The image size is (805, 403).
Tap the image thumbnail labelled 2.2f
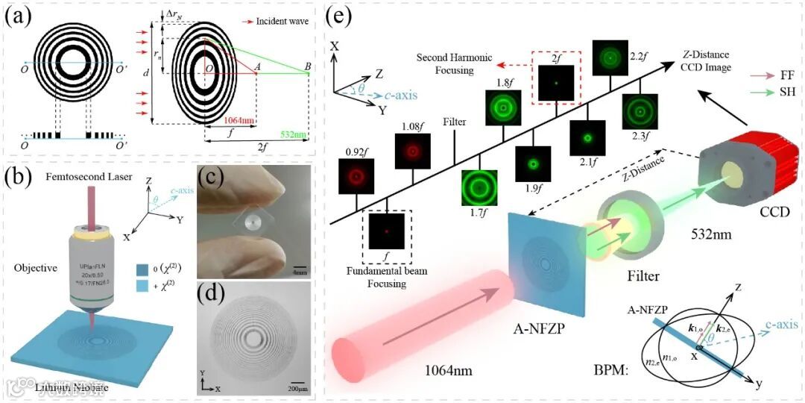click(610, 57)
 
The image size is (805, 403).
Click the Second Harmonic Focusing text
click(446, 63)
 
